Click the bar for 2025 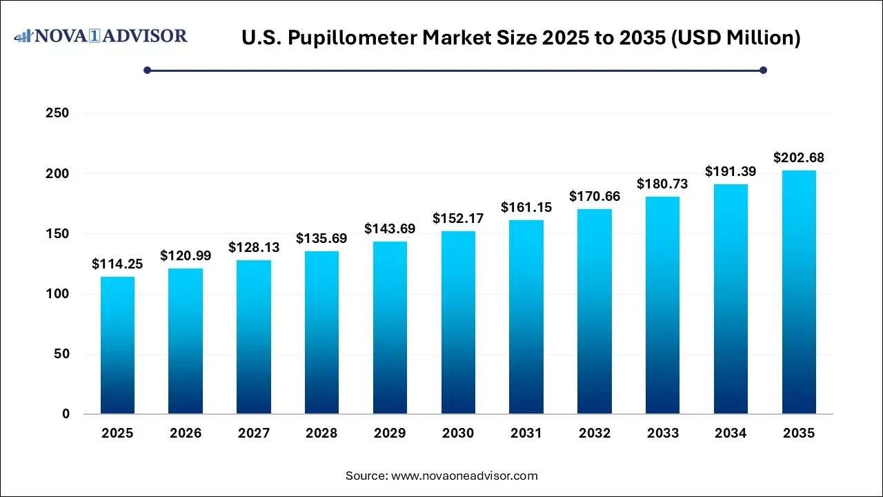coord(117,345)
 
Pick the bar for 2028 coord(321,332)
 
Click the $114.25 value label coord(117,264)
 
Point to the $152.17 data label coord(458,218)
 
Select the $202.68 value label coord(799,158)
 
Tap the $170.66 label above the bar coord(595,196)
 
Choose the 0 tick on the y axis coord(65,414)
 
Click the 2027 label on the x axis coord(254,433)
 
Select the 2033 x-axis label coord(662,433)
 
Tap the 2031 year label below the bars coord(526,433)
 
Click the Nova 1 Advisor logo coord(101,36)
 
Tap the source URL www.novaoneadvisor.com coord(464,476)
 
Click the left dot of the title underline coord(147,70)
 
